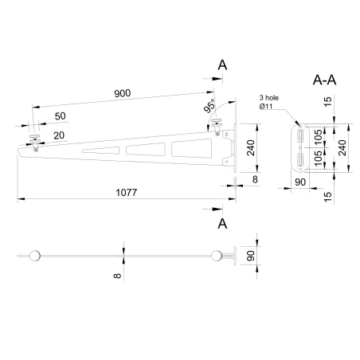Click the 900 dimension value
point(122,94)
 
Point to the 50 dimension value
point(61,117)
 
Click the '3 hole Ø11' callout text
point(272,100)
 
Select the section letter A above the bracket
point(222,66)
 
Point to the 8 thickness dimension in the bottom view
point(118,276)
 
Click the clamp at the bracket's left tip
point(34,141)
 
